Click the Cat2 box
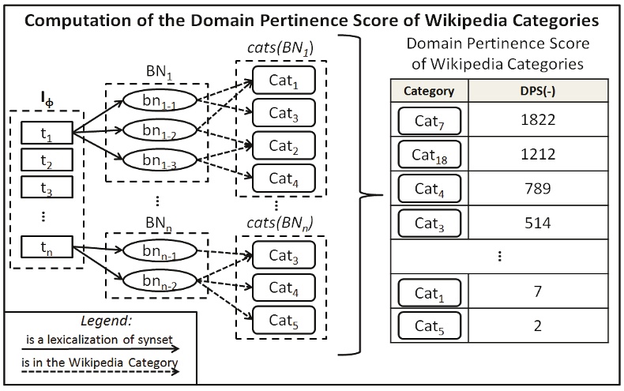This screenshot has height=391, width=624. [284, 146]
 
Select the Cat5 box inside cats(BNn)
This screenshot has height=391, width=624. [284, 319]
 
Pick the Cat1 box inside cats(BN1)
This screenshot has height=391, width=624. [284, 81]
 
